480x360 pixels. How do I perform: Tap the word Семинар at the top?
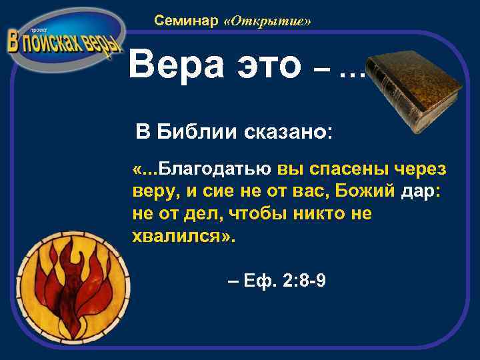click(x=186, y=21)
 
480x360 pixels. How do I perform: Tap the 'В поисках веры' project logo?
click(x=63, y=41)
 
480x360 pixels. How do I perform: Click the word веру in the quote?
click(x=156, y=192)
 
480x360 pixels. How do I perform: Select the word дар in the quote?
click(x=418, y=192)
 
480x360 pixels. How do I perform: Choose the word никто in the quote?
click(x=327, y=214)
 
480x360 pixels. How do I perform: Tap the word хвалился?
click(x=179, y=236)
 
